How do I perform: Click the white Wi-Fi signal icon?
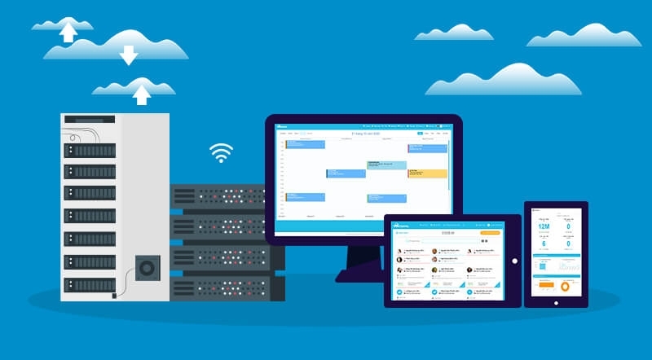coord(221,153)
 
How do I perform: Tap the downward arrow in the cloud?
coord(128,55)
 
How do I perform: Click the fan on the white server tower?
coord(148,267)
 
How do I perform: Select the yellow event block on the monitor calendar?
coord(428,173)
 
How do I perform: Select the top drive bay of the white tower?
coord(90,151)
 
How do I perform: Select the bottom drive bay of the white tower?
coord(90,285)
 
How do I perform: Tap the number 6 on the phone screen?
coord(544,244)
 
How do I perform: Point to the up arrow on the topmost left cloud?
coord(68,31)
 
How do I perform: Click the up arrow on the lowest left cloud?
coord(142,94)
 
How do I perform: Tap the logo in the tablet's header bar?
coord(402,224)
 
